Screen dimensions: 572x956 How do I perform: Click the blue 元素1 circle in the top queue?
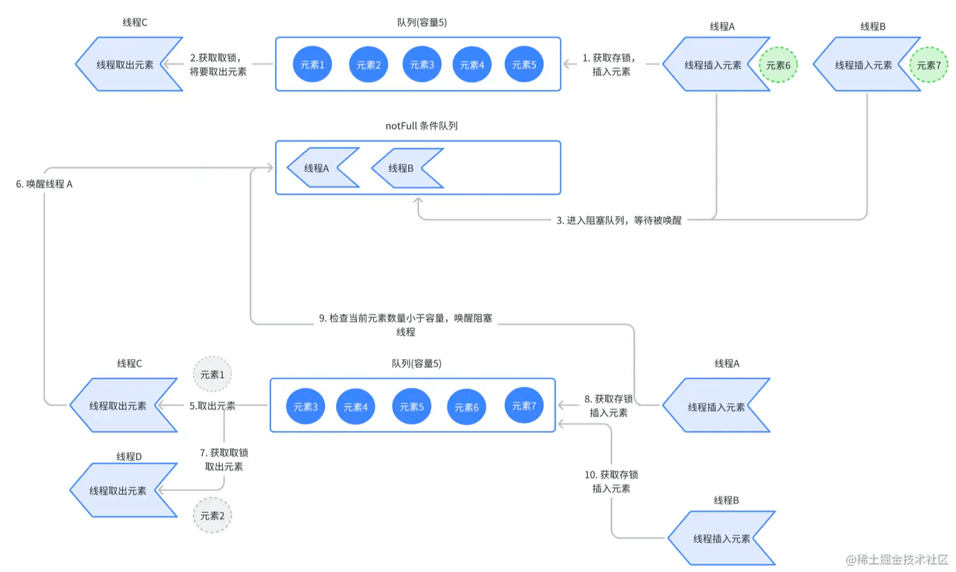[x=312, y=64]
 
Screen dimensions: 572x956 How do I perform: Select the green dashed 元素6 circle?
[x=778, y=65]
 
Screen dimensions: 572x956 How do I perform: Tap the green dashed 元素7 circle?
[x=928, y=65]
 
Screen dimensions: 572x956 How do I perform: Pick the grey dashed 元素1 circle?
[x=212, y=374]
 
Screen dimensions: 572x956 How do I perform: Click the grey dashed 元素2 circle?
[x=212, y=516]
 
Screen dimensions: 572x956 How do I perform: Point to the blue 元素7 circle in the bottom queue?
[x=524, y=405]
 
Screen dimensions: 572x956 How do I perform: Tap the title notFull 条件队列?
[x=422, y=126]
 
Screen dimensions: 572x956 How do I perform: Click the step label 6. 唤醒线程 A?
[x=44, y=184]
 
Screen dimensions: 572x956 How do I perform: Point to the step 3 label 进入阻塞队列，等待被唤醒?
[x=619, y=220]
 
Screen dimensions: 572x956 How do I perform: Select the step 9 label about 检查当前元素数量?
[x=405, y=324]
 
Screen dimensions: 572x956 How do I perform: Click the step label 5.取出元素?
[x=212, y=406]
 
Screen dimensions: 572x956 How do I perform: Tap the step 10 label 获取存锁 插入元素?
[x=611, y=482]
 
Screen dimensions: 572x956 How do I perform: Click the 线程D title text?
[x=129, y=457]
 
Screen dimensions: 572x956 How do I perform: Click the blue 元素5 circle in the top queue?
[x=524, y=64]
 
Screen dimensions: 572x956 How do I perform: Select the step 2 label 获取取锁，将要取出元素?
[x=218, y=65]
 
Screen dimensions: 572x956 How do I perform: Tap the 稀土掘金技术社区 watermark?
[x=897, y=559]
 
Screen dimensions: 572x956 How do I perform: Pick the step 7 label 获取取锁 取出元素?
[x=224, y=460]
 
